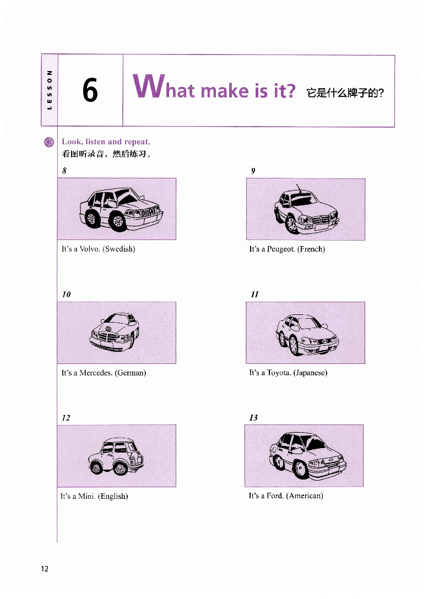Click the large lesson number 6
[90, 90]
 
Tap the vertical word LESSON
[49, 90]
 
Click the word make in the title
[225, 91]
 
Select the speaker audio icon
[49, 142]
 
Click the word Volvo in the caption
[90, 249]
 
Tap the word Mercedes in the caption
[96, 373]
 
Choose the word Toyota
[279, 373]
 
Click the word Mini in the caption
[86, 496]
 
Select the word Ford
[275, 496]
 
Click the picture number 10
[67, 295]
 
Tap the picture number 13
[253, 417]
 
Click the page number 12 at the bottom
[45, 569]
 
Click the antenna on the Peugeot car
[299, 188]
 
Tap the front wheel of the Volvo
[118, 221]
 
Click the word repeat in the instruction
[137, 142]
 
